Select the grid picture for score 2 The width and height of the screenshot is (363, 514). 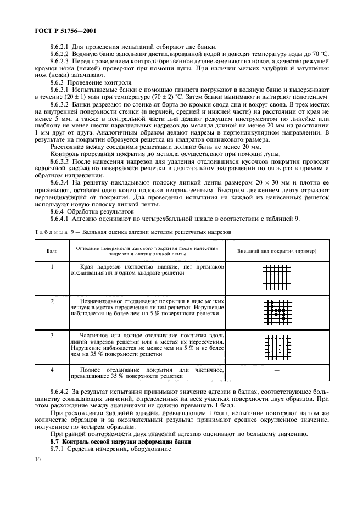click(277, 311)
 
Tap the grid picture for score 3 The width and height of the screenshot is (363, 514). click(277, 346)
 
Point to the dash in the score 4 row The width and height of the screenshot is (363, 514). click(277, 372)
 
